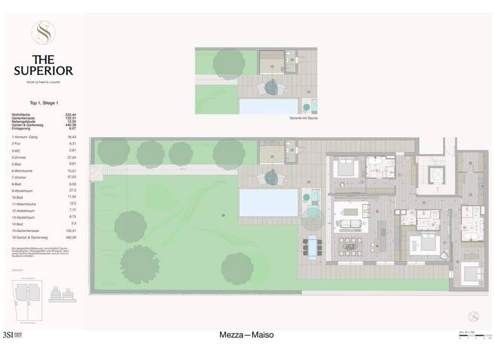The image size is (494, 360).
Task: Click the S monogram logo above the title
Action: [44, 32]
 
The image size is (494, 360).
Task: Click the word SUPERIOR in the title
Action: [44, 70]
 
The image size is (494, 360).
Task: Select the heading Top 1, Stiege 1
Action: [44, 103]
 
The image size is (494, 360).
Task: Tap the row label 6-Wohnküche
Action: [22, 172]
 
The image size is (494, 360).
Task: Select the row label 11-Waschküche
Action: [23, 203]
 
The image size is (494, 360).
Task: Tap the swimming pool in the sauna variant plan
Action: [268, 105]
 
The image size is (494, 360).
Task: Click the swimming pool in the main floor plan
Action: [268, 203]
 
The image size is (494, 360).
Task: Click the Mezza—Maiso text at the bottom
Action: [246, 335]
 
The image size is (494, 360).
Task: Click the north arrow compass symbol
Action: [474, 315]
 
